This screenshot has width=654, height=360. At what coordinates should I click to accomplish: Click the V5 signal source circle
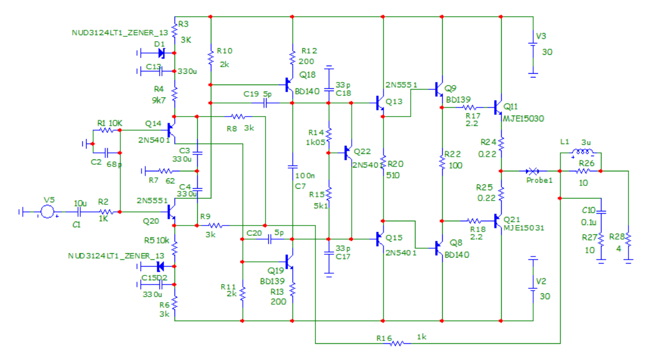[48, 212]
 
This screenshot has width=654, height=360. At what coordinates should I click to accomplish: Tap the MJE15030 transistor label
[523, 118]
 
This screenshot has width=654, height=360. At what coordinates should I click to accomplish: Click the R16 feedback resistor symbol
[398, 343]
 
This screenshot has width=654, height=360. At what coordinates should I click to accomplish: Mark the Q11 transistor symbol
[498, 107]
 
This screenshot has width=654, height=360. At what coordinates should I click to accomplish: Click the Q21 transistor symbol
[498, 221]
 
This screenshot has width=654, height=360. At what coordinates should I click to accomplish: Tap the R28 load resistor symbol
[628, 239]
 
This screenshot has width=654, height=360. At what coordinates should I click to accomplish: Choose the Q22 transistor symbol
[348, 153]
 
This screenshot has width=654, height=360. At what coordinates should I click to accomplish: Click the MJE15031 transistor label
[523, 228]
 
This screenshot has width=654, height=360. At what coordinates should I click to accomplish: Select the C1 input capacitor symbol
[80, 212]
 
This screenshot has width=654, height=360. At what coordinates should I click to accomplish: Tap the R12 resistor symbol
[292, 56]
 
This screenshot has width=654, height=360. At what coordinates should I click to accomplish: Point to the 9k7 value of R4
[160, 100]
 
